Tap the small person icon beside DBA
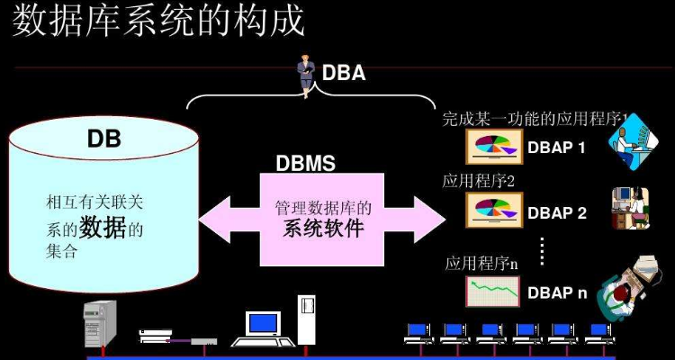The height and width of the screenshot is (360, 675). pos(307,76)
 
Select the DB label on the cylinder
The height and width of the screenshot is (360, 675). pos(103,139)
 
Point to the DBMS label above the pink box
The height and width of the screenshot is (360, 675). pos(305,164)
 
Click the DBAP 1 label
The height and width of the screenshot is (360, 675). pos(557,147)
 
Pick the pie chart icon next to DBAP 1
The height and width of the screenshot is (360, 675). pos(493,146)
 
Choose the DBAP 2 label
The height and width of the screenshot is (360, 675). pos(557,213)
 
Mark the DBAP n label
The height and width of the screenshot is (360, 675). pos(557,292)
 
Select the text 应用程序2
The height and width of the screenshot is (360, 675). pos(478,181)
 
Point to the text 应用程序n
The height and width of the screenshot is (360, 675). pos(481,263)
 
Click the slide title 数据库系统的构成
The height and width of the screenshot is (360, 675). pos(157,20)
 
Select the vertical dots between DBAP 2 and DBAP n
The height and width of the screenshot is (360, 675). pos(542,251)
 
